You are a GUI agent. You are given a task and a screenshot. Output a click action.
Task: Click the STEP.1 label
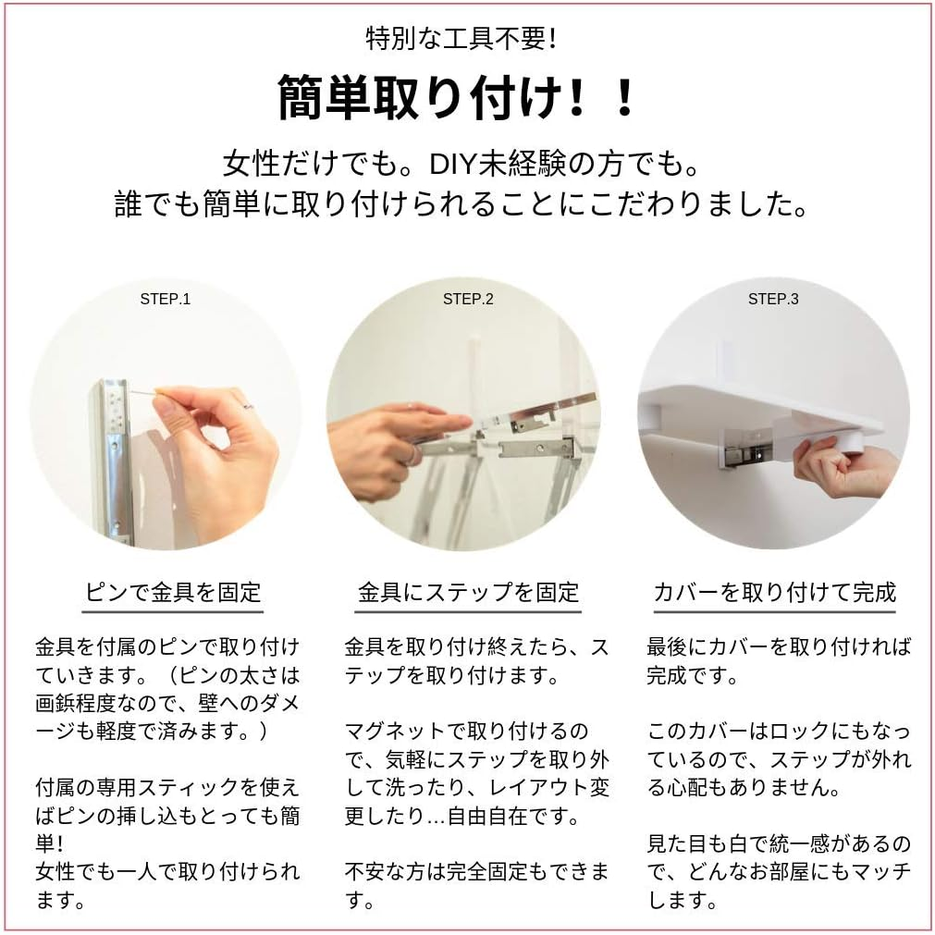(x=166, y=300)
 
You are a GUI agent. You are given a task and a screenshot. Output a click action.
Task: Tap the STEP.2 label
(x=468, y=300)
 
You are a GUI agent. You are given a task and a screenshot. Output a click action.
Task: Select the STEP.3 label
(x=773, y=300)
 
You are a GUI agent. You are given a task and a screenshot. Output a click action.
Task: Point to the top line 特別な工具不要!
(x=461, y=40)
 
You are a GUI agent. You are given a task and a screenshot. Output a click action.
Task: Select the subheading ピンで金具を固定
(x=173, y=592)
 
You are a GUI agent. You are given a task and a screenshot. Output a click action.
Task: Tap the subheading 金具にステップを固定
(x=468, y=592)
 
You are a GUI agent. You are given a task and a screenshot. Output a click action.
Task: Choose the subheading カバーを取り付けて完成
(x=775, y=592)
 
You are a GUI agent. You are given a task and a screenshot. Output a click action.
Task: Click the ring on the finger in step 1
(x=250, y=405)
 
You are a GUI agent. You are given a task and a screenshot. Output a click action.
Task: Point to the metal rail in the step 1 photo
(x=114, y=459)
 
